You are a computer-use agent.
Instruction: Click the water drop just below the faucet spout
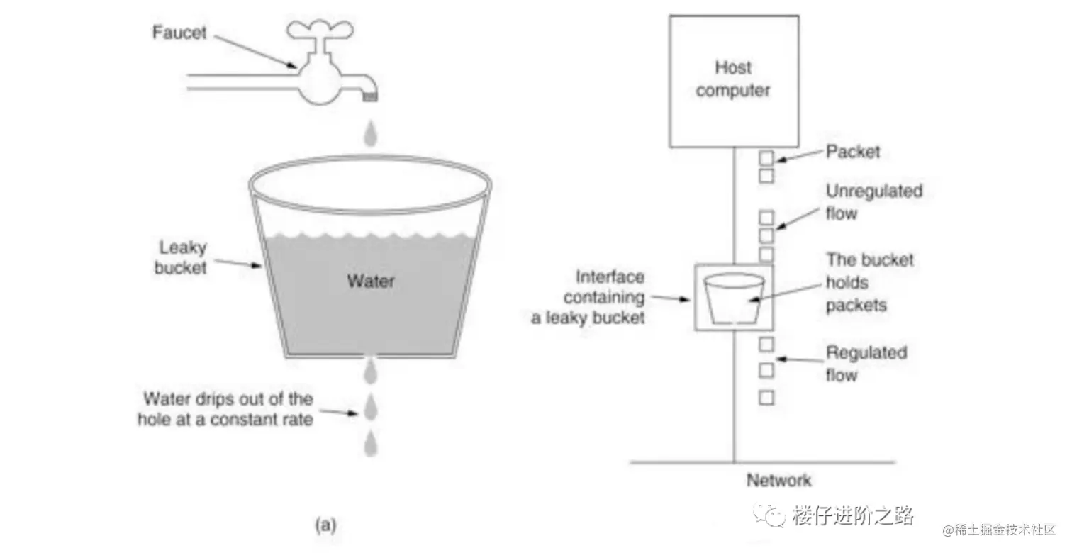pyautogui.click(x=369, y=135)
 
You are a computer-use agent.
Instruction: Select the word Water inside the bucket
pyautogui.click(x=370, y=281)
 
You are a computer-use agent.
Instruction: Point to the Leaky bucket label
pyautogui.click(x=182, y=257)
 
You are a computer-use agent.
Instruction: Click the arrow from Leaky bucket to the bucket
pyautogui.click(x=237, y=264)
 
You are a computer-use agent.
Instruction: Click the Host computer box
pyautogui.click(x=733, y=80)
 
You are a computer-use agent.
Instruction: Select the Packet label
pyautogui.click(x=852, y=152)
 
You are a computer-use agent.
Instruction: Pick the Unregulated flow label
pyautogui.click(x=873, y=202)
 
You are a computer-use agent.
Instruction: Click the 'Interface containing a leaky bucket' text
pyautogui.click(x=588, y=297)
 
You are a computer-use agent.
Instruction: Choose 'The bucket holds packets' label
pyautogui.click(x=869, y=282)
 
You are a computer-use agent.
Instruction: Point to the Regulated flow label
pyautogui.click(x=866, y=363)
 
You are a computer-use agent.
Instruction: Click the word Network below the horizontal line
pyautogui.click(x=778, y=480)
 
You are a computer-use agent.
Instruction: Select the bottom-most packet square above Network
pyautogui.click(x=766, y=398)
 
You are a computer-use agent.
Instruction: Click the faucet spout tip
pyautogui.click(x=370, y=96)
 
